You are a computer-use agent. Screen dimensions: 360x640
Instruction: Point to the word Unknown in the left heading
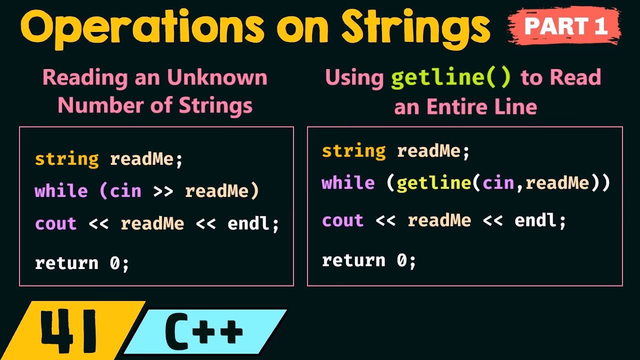(217, 78)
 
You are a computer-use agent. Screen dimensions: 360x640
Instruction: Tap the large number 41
(70, 331)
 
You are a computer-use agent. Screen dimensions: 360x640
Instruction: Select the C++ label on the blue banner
(204, 331)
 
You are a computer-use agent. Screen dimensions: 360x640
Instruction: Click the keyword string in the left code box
(67, 159)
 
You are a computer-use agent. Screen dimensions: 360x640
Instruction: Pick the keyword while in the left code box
(61, 191)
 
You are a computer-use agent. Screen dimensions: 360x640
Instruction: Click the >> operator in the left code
(163, 191)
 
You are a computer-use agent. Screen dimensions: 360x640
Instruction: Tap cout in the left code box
(55, 223)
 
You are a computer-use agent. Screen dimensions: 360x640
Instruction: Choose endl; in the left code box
(253, 223)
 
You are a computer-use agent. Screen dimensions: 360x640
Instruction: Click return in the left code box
(66, 263)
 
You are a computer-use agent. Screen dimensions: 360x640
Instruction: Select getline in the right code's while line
(433, 183)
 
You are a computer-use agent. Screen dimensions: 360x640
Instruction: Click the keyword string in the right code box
(354, 151)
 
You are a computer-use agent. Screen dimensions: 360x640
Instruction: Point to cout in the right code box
(342, 220)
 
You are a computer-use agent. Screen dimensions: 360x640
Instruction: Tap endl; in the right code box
(540, 220)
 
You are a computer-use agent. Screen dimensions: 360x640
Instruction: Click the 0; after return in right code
(406, 260)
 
